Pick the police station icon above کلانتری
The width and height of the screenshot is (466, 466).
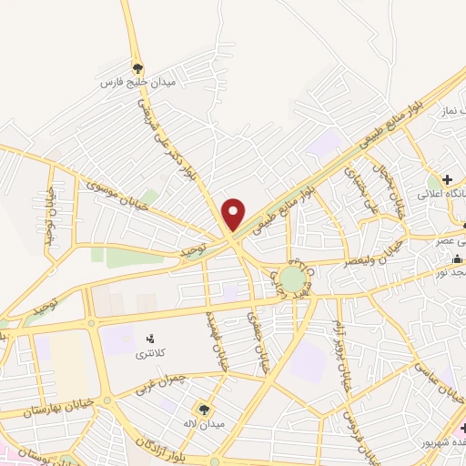150,338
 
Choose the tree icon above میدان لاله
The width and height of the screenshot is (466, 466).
203,410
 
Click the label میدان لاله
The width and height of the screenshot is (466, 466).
203,424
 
